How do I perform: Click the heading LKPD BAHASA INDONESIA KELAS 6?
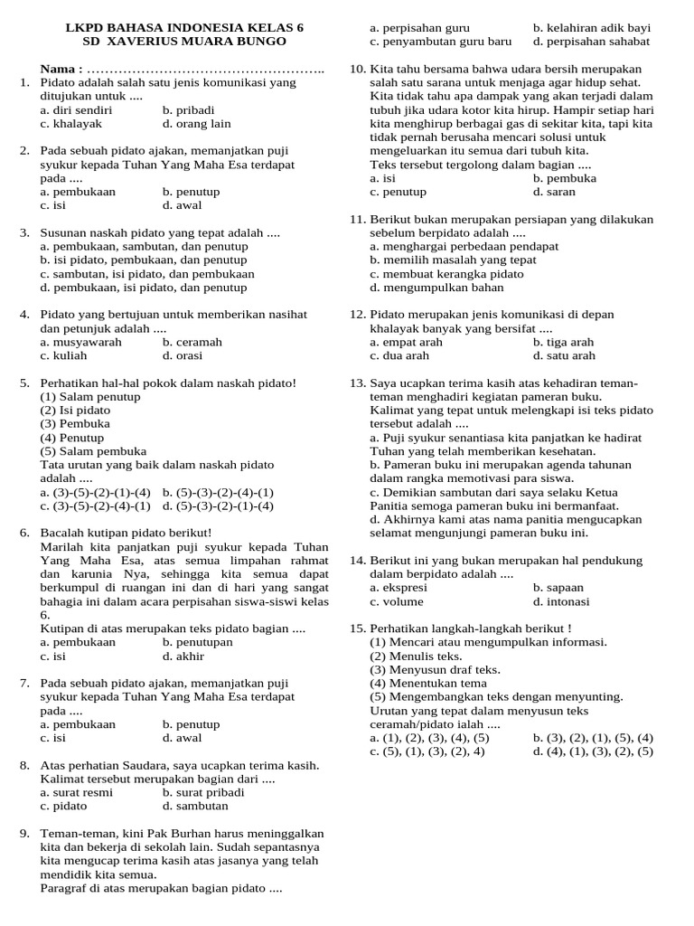[184, 28]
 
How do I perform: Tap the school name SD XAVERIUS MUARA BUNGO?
[184, 42]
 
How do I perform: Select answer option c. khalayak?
[71, 123]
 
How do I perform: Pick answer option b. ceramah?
[192, 342]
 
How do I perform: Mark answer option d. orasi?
[183, 355]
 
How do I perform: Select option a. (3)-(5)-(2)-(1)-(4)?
[96, 492]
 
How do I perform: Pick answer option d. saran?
[554, 192]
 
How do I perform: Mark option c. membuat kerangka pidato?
[446, 274]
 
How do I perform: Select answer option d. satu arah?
[563, 355]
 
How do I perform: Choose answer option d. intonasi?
[561, 601]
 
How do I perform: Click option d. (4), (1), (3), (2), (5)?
[593, 751]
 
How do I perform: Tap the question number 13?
[357, 383]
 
